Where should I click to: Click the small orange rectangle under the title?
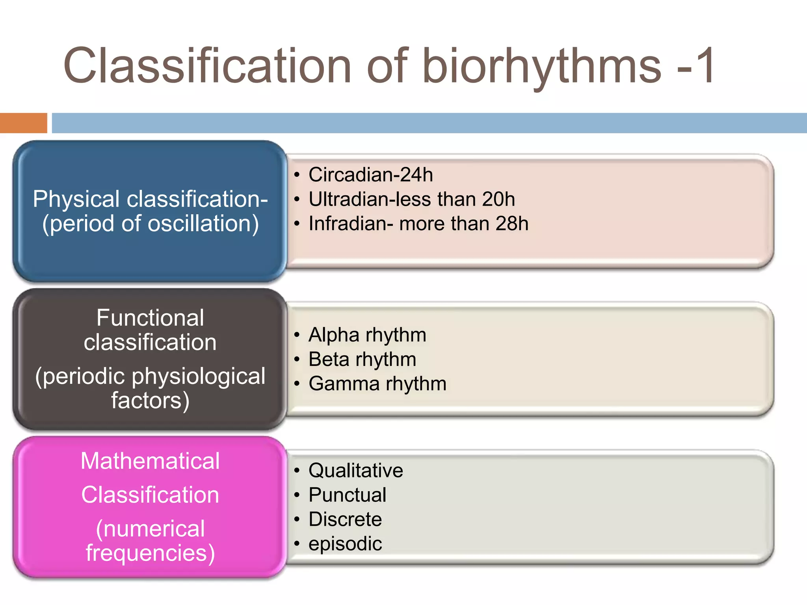pyautogui.click(x=23, y=123)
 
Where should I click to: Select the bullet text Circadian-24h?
pyautogui.click(x=370, y=174)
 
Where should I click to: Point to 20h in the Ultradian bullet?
pyautogui.click(x=498, y=199)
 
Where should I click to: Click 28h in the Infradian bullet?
pyautogui.click(x=512, y=223)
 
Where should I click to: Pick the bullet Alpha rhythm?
pyautogui.click(x=367, y=335)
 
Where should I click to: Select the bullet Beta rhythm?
pyautogui.click(x=362, y=359)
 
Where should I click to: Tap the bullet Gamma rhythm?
pyautogui.click(x=377, y=384)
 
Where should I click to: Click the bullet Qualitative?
pyautogui.click(x=355, y=470)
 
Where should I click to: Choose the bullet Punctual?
pyautogui.click(x=347, y=495)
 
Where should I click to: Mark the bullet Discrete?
pyautogui.click(x=345, y=519)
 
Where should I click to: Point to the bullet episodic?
pyautogui.click(x=345, y=544)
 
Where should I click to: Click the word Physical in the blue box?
pyautogui.click(x=76, y=199)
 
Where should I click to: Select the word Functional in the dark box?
pyautogui.click(x=150, y=317)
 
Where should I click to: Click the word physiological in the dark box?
pyautogui.click(x=198, y=376)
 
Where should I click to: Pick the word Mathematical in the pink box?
pyautogui.click(x=150, y=461)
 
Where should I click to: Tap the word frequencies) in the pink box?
pyautogui.click(x=150, y=553)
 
